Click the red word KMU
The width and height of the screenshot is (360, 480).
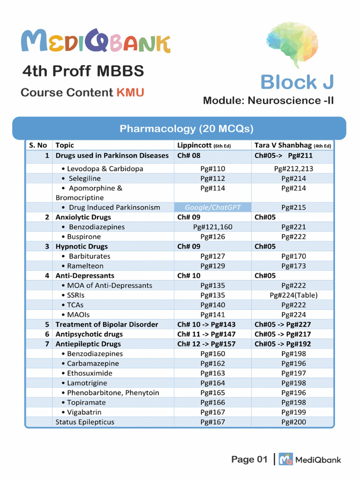click(130, 92)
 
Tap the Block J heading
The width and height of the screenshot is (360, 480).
click(297, 82)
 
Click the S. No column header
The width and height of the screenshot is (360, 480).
click(38, 145)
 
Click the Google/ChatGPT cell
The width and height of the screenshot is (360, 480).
click(212, 207)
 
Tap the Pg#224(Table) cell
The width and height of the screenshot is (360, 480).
click(293, 295)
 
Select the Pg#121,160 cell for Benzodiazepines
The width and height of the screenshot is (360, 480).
click(212, 227)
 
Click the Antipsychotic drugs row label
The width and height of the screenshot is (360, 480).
click(89, 334)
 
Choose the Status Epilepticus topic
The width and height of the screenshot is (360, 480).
click(85, 422)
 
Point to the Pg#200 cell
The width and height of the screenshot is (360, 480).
click(293, 422)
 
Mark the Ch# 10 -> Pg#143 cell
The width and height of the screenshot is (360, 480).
click(206, 324)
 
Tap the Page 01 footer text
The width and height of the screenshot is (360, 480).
click(249, 459)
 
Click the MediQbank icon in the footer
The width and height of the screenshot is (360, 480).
click(286, 459)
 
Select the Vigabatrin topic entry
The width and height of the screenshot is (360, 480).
click(84, 412)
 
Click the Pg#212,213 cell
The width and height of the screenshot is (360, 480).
click(293, 169)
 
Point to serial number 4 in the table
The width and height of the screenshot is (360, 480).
click(47, 276)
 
